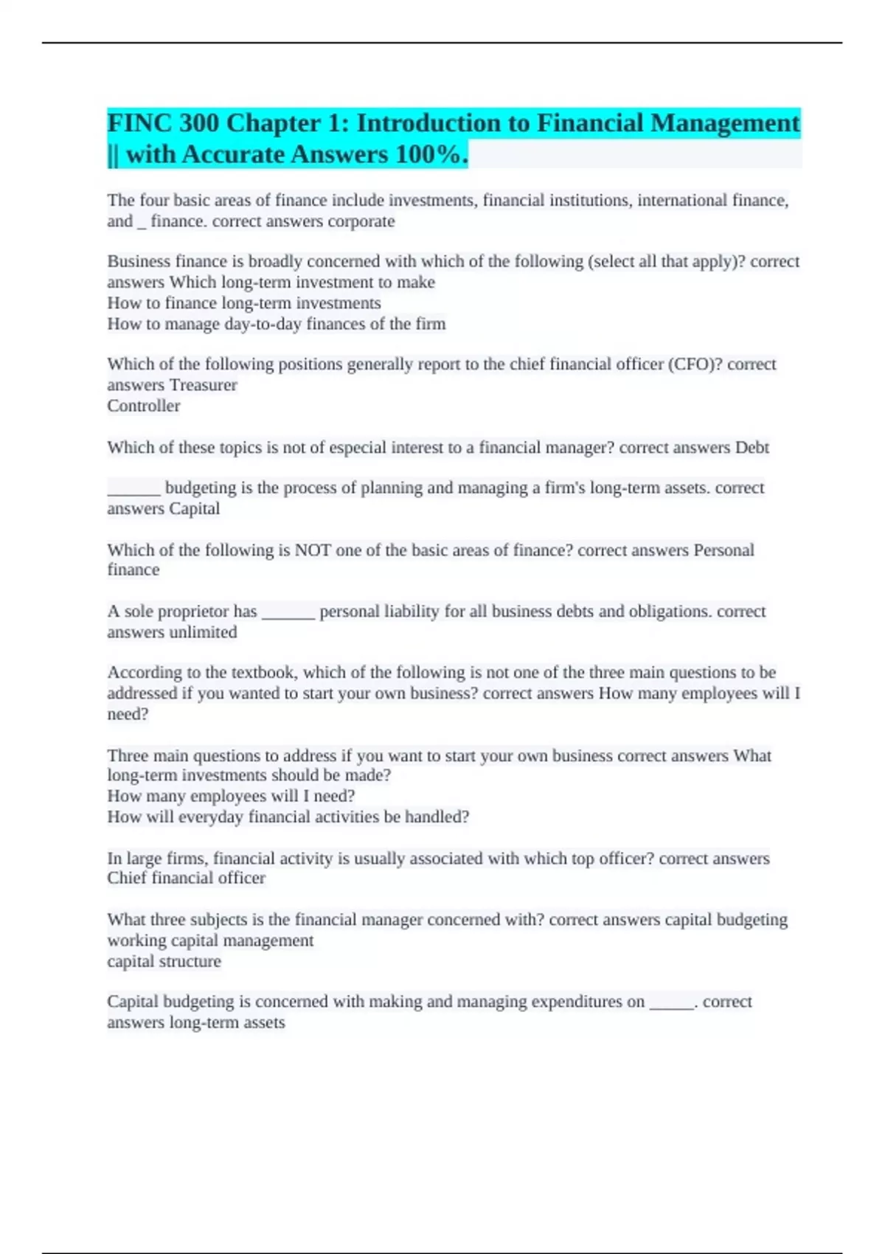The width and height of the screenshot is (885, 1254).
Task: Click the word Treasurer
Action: [x=204, y=385]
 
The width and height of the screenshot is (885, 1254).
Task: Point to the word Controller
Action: [x=143, y=406]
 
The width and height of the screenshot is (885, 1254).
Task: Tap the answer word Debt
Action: [x=752, y=448]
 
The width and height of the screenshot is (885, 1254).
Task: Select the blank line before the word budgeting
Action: [x=133, y=489]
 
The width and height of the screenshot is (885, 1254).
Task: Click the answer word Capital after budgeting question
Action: [x=195, y=509]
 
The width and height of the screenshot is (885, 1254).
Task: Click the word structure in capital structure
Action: [x=195, y=962]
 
